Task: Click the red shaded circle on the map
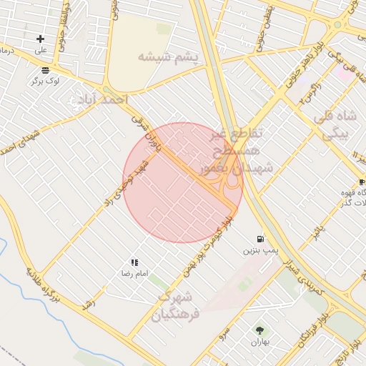click(x=182, y=183)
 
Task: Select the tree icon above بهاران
click(x=259, y=330)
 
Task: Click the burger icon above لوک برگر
click(x=46, y=70)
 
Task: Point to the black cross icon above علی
click(x=40, y=39)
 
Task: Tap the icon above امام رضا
click(x=134, y=262)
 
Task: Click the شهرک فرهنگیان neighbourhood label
click(x=172, y=305)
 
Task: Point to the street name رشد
click(x=89, y=303)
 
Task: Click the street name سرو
click(x=224, y=334)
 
